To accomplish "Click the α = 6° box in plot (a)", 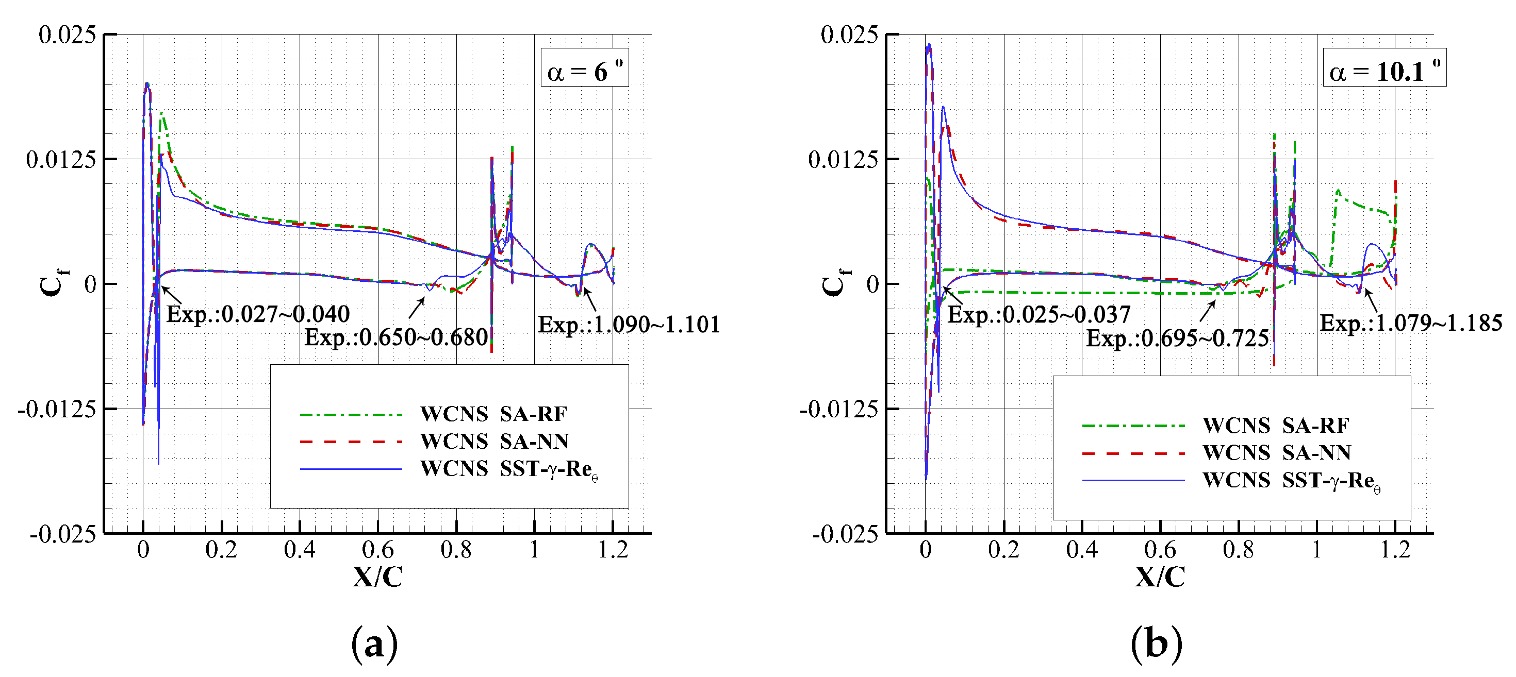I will click(x=584, y=68).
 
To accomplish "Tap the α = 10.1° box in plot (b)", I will click(x=1384, y=68).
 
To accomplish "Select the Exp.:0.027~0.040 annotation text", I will click(x=258, y=315).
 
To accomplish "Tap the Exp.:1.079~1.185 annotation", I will click(x=1411, y=324).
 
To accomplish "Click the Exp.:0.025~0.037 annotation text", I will click(x=1039, y=315).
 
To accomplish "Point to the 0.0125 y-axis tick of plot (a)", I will click(x=61, y=159).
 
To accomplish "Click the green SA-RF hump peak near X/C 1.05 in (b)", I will click(x=1338, y=191).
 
